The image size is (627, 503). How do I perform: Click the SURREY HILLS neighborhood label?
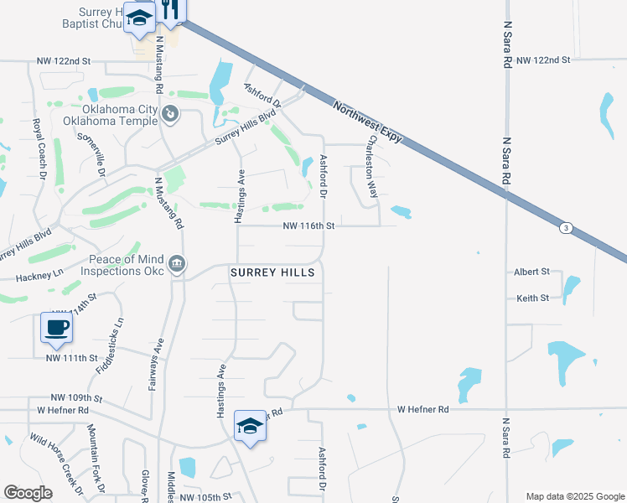coord(273,272)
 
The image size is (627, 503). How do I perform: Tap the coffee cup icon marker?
coord(56,327)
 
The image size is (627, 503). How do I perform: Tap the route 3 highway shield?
coord(567,228)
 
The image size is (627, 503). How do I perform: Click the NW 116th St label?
coord(308,226)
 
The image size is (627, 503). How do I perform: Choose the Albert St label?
coord(532,272)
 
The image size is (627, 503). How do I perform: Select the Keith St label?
coord(532,298)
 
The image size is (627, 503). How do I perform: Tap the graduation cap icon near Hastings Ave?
coord(250,426)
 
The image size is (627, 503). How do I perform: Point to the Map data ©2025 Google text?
coord(574,496)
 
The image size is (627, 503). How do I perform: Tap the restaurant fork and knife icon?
coord(171,9)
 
